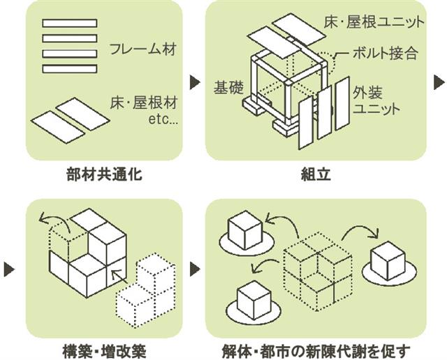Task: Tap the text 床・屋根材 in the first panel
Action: click(144, 103)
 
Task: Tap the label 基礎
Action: click(228, 89)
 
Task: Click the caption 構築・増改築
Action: click(103, 350)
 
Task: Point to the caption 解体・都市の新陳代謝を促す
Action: click(316, 350)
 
